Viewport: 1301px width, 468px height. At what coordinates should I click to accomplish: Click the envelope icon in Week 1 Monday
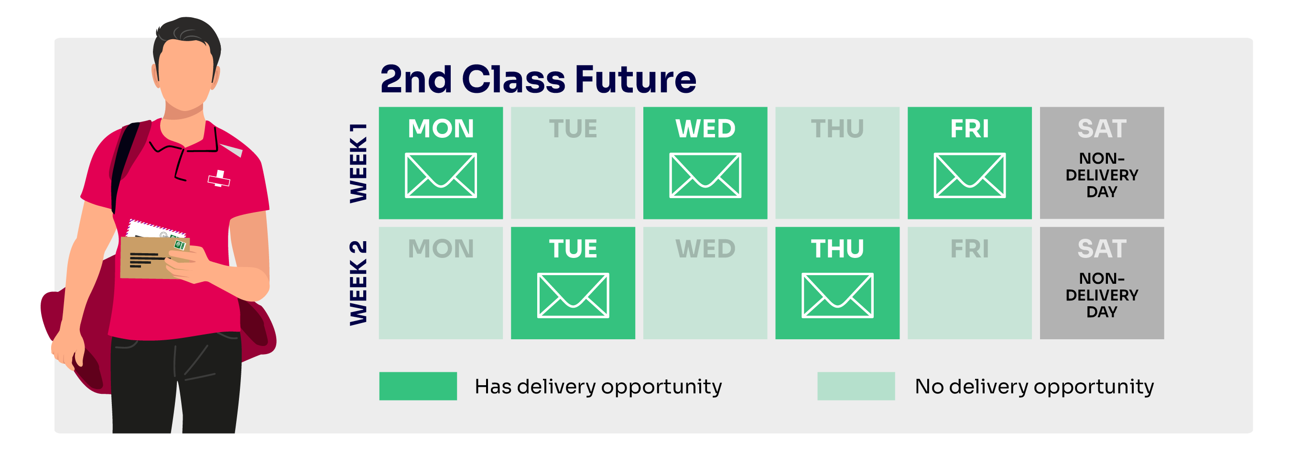pos(440,175)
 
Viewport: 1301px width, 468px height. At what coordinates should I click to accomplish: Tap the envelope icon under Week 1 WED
pos(705,175)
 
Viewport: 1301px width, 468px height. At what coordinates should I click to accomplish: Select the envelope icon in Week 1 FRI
pos(969,175)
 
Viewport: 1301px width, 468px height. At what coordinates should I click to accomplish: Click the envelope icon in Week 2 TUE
pos(573,295)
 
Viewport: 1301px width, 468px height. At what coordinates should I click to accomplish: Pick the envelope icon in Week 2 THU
pos(837,295)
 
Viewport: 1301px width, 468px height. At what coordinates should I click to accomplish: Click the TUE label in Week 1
pos(573,128)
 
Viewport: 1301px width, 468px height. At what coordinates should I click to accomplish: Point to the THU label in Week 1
pos(837,128)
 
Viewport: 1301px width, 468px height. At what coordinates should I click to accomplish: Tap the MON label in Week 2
pos(440,249)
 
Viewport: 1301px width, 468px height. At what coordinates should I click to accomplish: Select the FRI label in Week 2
pos(969,249)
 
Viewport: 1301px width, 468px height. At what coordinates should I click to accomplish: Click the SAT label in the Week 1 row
pos(1102,128)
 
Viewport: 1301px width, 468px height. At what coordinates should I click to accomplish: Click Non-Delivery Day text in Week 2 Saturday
pos(1102,295)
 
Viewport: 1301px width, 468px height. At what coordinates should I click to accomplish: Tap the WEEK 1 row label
pos(358,163)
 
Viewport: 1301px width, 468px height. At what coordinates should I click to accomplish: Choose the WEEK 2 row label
pos(358,283)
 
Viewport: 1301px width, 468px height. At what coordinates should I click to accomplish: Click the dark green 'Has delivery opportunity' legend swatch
pos(418,386)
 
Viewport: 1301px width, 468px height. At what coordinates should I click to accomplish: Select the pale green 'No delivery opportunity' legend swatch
pos(856,386)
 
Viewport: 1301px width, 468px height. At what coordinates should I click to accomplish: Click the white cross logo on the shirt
pos(219,178)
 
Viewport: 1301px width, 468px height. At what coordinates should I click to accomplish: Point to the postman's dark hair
pos(187,33)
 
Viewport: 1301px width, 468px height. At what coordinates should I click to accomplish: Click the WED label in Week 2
pos(705,249)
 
